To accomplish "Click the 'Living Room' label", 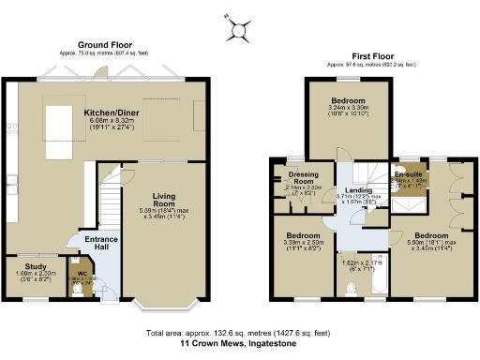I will coord(165,200).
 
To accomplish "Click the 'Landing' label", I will coord(360,191).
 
